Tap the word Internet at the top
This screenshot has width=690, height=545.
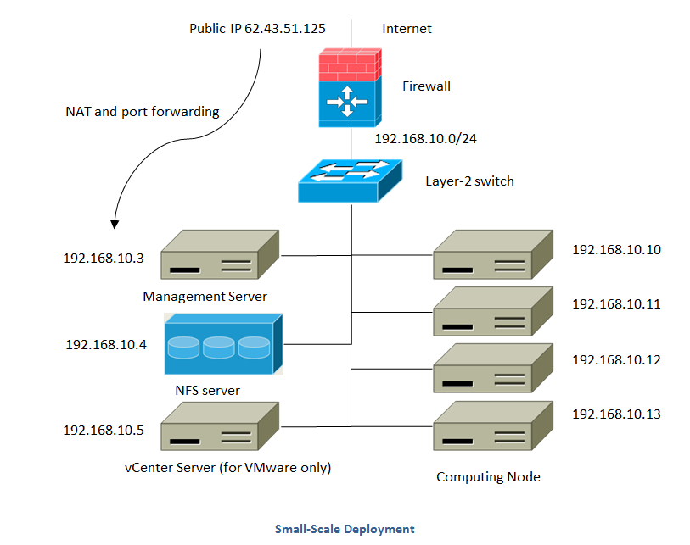[x=407, y=29]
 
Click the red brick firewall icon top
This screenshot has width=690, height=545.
[x=349, y=64]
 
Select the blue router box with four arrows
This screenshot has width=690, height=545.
[x=349, y=103]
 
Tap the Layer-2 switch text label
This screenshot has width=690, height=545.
[x=469, y=181]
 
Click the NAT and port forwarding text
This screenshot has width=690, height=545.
[x=143, y=111]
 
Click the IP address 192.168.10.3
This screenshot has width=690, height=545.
[x=104, y=259]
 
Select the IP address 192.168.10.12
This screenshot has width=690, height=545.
[x=616, y=359]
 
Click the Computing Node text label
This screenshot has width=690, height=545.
[x=488, y=476]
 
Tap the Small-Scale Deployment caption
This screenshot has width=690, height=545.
[x=345, y=529]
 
